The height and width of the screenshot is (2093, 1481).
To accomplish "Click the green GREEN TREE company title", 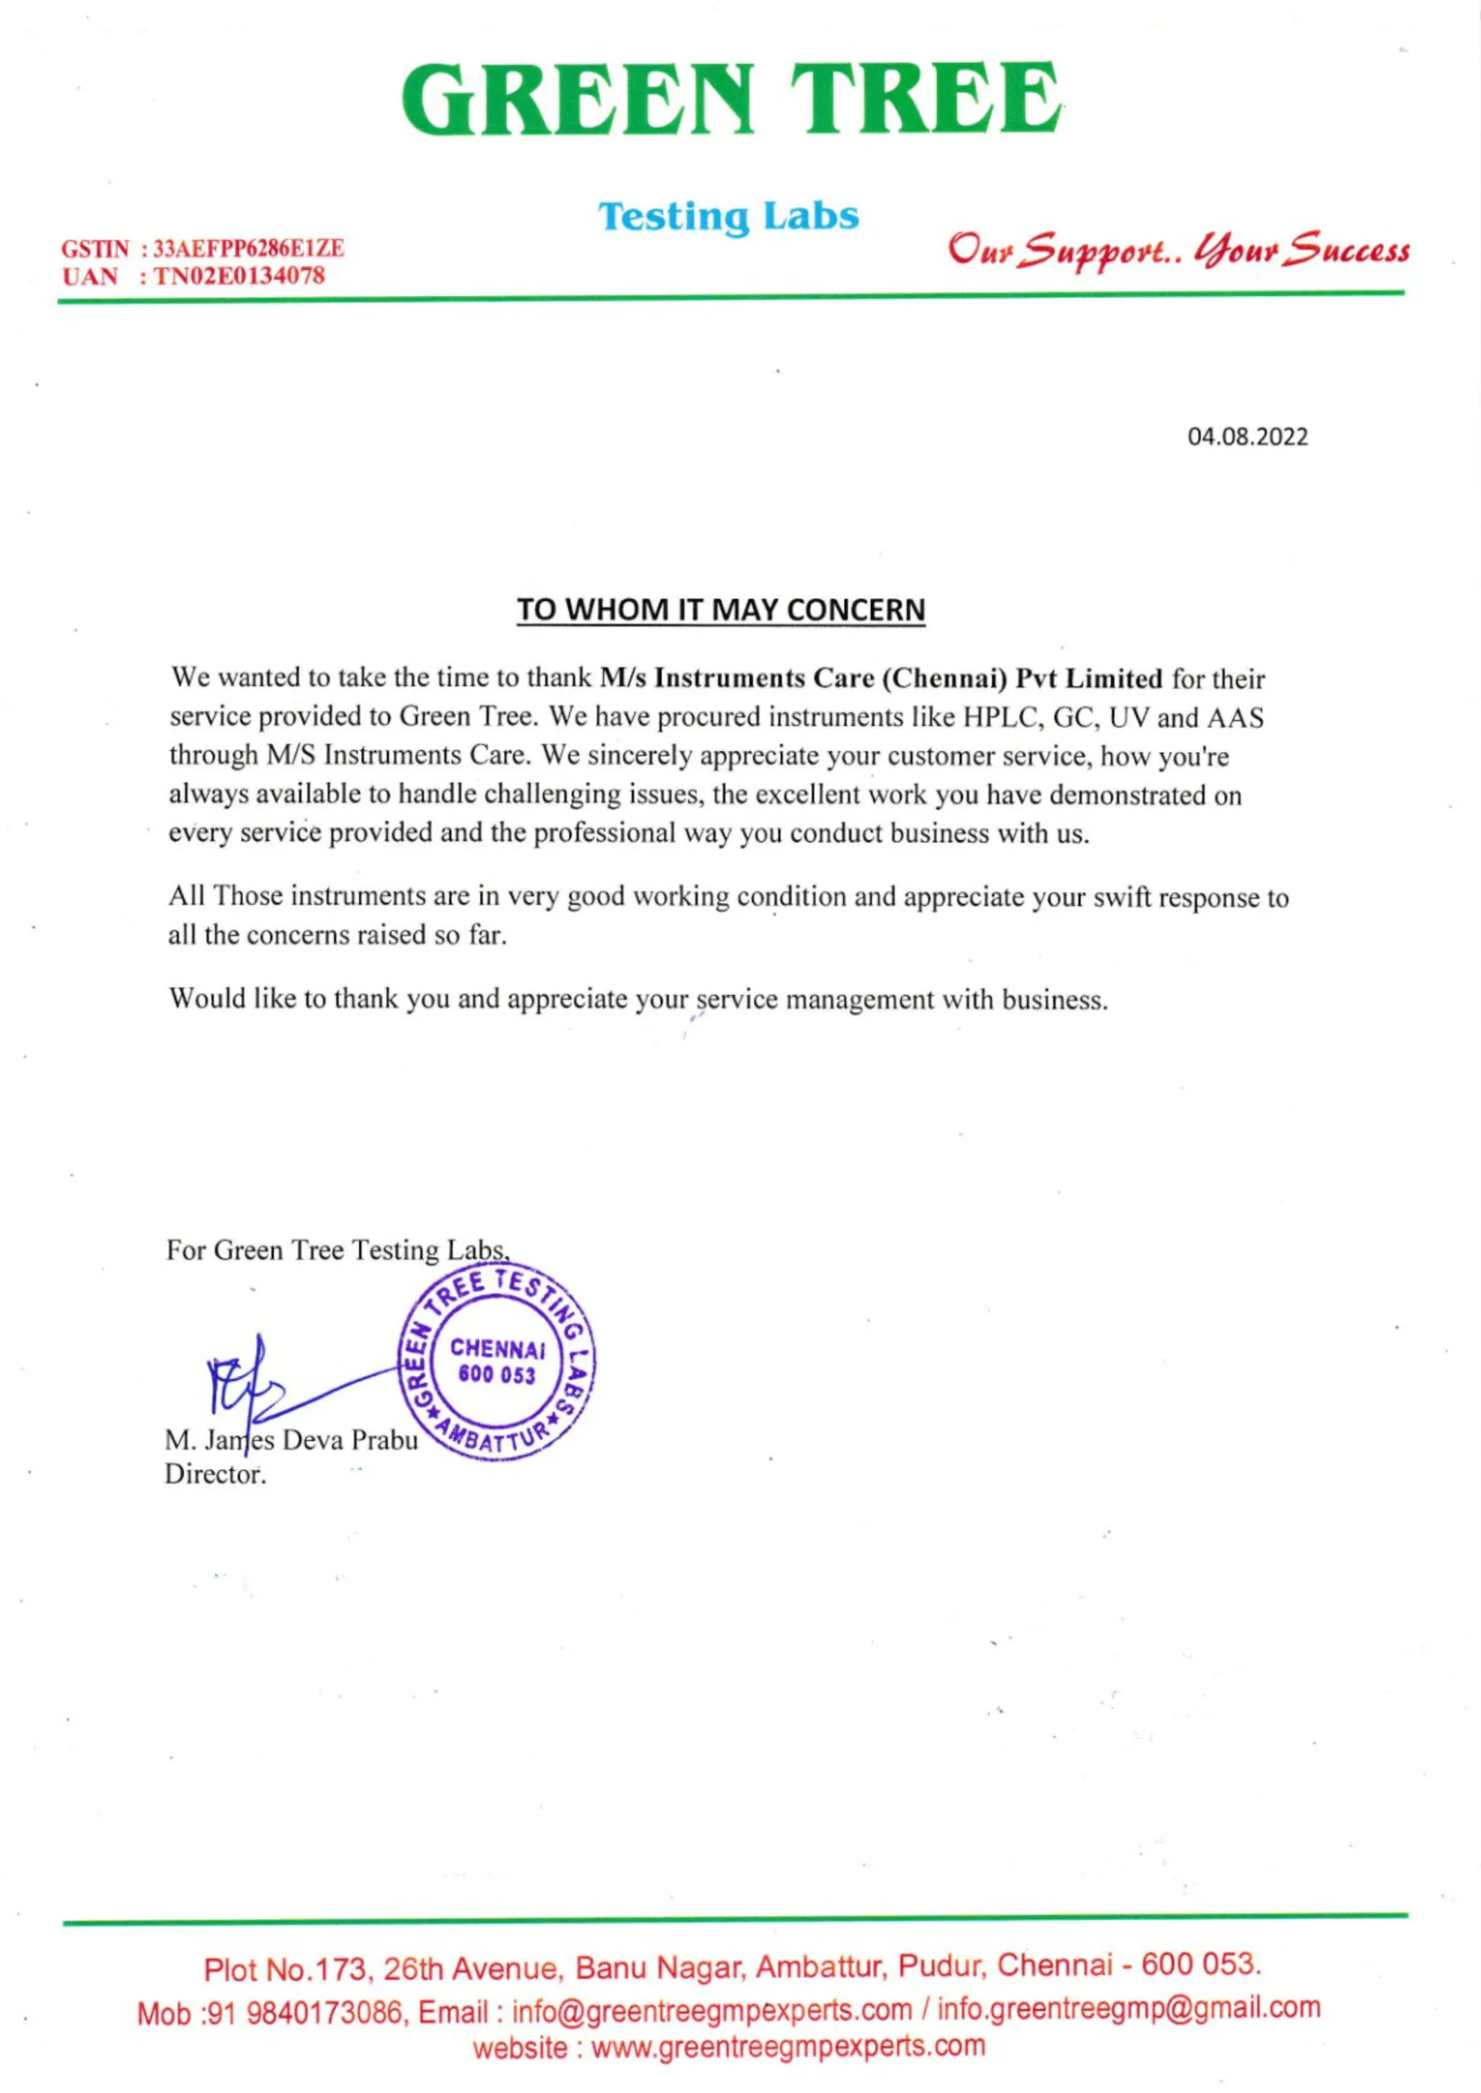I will (731, 100).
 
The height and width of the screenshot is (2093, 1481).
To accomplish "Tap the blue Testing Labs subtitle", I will (728, 217).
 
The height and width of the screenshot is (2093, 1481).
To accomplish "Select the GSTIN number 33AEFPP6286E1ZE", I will (248, 248).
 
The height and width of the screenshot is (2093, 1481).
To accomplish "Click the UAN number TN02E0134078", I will (239, 276).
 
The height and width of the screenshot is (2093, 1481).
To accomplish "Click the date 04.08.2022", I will (1246, 437).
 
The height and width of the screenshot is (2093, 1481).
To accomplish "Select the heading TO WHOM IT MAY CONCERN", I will (720, 610).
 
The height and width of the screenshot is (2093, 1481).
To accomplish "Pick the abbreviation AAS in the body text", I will (1236, 719).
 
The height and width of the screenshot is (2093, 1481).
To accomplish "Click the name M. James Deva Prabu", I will (291, 1441).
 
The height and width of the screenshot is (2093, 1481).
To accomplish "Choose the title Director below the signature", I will (215, 1474).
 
